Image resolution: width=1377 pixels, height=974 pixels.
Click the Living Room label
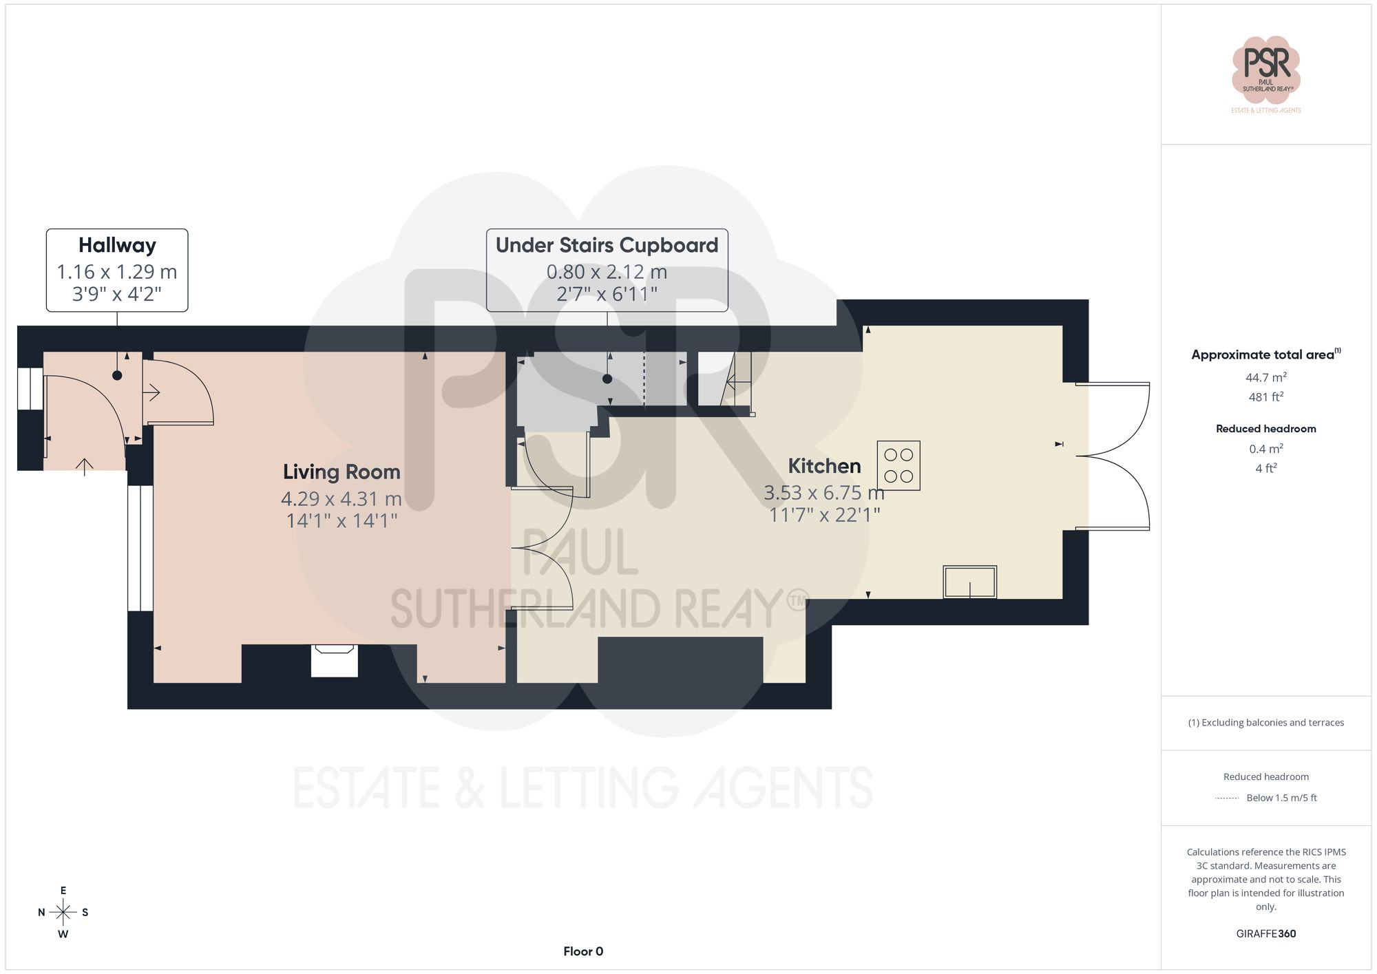(341, 472)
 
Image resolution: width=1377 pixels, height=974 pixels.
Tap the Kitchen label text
(824, 466)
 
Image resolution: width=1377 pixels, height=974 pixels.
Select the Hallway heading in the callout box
(117, 246)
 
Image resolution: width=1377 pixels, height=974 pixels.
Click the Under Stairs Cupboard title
(607, 246)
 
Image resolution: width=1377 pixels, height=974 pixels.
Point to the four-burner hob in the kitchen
(898, 465)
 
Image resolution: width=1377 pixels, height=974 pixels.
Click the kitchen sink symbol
(969, 582)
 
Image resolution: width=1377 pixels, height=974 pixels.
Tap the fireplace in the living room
(335, 660)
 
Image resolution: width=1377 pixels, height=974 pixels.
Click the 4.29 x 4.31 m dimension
(341, 498)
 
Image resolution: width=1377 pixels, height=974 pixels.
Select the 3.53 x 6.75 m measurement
(823, 493)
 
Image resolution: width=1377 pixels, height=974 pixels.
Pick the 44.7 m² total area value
(1265, 377)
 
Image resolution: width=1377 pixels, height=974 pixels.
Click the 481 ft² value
(1265, 397)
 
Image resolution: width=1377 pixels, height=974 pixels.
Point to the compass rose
(63, 913)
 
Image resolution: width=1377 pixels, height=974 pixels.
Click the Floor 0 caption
(583, 951)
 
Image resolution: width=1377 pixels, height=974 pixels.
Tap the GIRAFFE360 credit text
(1265, 934)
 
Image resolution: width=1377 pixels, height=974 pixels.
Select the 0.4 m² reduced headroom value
(1265, 449)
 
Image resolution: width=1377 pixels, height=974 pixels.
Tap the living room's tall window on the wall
(140, 548)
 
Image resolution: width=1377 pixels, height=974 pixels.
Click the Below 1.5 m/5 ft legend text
(1281, 798)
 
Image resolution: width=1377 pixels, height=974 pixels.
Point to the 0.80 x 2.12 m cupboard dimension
(607, 273)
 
